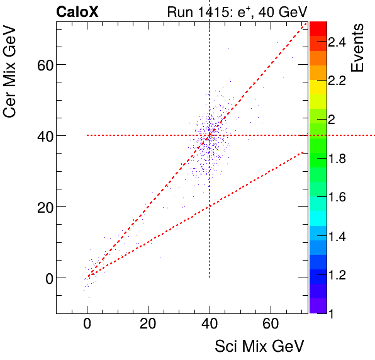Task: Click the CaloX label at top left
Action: tap(77, 12)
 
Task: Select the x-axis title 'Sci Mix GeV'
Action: tap(260, 346)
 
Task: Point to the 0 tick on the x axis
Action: tap(87, 324)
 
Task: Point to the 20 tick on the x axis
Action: tap(148, 324)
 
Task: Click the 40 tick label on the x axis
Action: tap(210, 324)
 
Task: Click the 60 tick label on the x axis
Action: tap(271, 324)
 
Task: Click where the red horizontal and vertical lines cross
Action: tap(210, 135)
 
